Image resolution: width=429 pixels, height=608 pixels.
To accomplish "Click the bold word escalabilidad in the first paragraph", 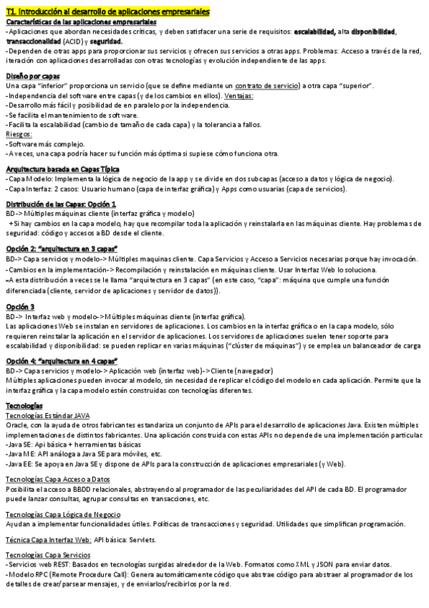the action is (315, 32).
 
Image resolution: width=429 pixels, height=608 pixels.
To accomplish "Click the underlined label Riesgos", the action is (18, 134).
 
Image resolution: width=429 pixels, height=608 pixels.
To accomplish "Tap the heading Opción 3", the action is (20, 306).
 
